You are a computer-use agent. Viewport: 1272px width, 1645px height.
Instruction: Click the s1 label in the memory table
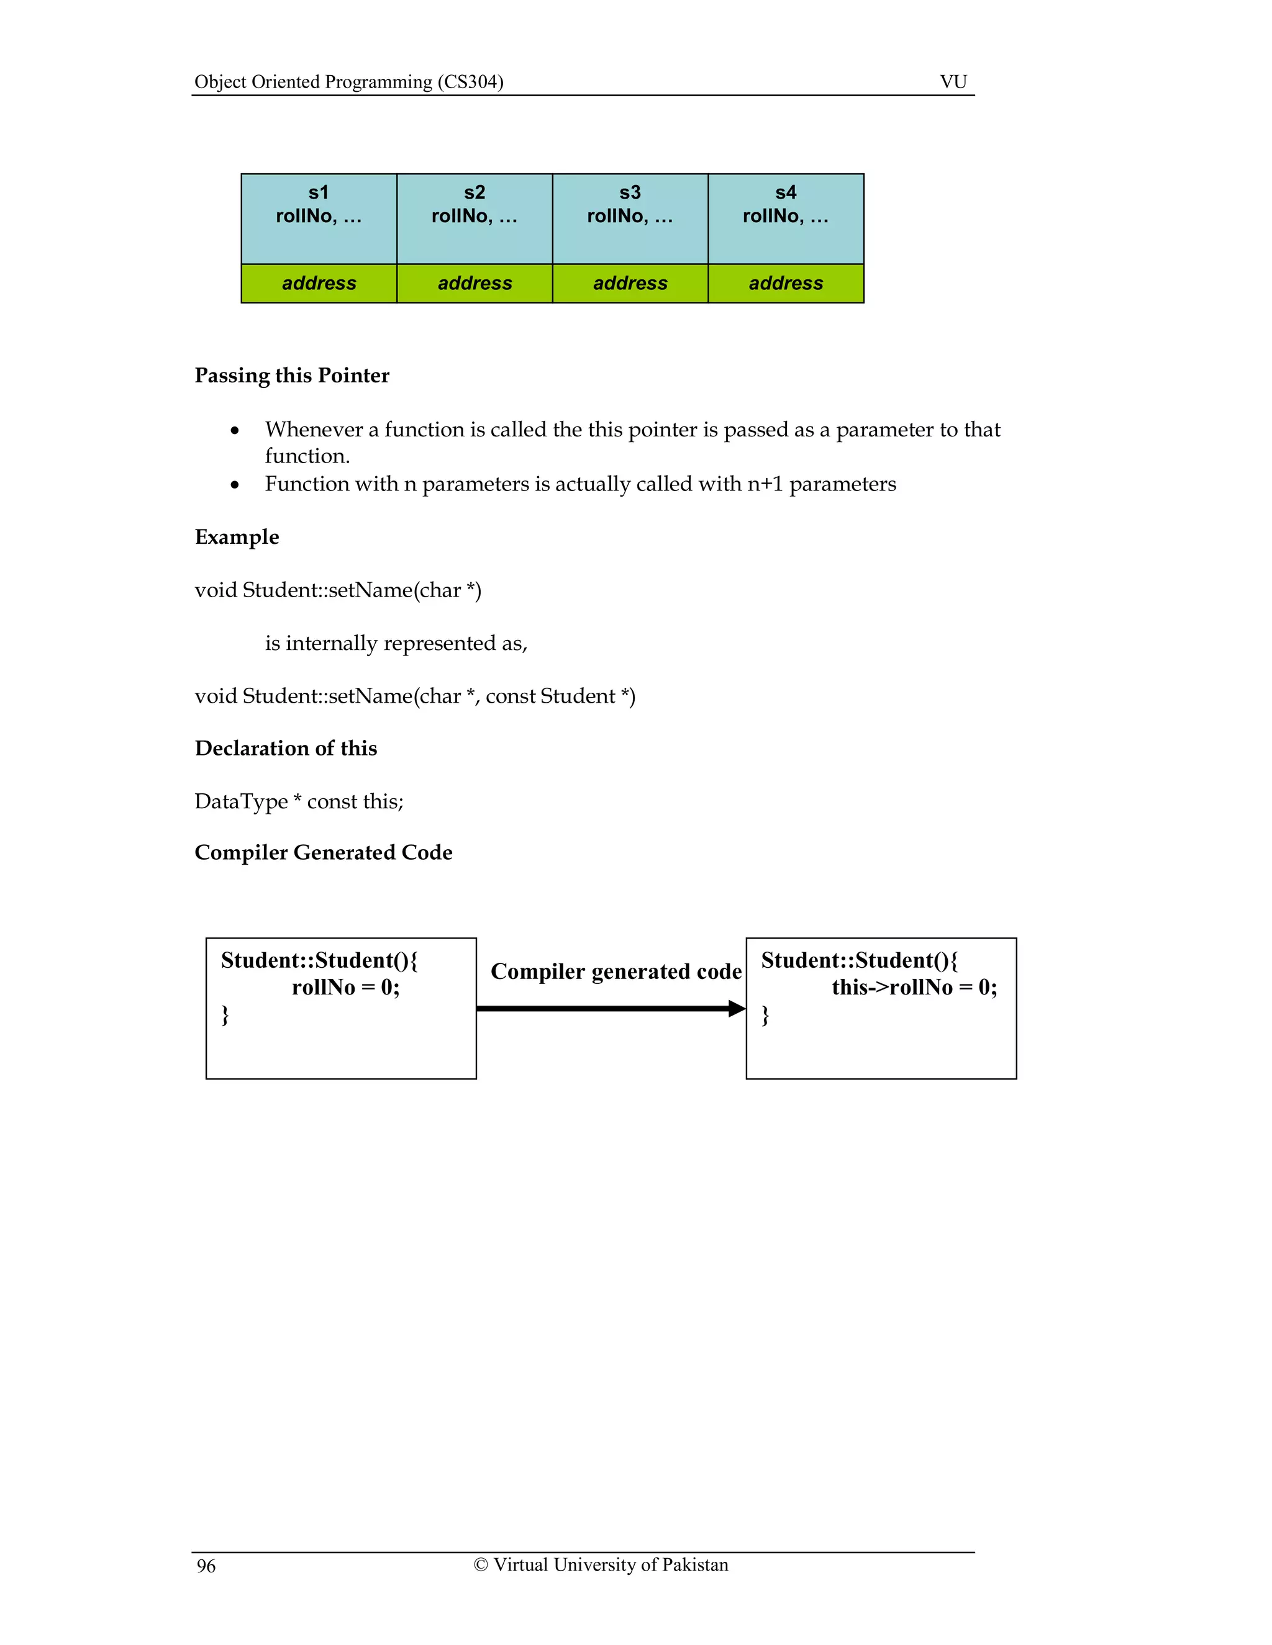click(319, 193)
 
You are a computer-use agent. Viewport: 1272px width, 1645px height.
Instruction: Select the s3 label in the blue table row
click(630, 193)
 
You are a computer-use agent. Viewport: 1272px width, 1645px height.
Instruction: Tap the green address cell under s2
click(475, 283)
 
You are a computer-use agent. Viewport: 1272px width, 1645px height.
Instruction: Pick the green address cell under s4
click(786, 283)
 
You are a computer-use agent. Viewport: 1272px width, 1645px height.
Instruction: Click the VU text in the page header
click(953, 81)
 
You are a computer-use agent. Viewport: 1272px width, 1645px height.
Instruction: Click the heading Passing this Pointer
click(292, 375)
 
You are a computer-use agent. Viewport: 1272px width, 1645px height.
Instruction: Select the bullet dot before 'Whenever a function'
click(235, 431)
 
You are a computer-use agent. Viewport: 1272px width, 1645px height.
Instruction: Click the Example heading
click(237, 537)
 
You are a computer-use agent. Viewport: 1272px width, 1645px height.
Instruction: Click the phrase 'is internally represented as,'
click(396, 643)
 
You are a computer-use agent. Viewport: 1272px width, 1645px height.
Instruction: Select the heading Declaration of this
click(286, 748)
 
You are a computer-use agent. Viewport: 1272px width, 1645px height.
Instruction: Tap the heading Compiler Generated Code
click(323, 853)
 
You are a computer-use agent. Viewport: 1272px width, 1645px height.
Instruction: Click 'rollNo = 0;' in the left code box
click(346, 988)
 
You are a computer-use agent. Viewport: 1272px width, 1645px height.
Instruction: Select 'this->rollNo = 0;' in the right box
click(914, 988)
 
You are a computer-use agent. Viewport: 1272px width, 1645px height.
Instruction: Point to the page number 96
click(206, 1567)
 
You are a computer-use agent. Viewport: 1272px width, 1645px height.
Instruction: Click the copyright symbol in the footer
click(481, 1565)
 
